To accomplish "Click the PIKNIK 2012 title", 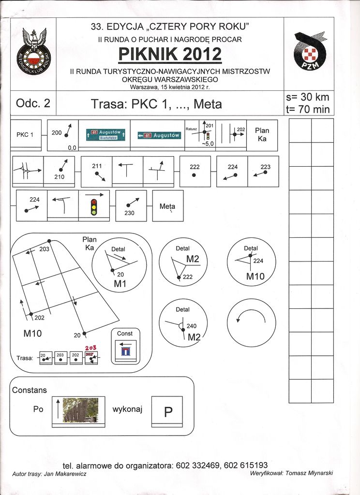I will (x=170, y=54).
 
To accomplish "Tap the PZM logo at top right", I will (x=309, y=52).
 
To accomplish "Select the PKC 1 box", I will (x=26, y=135).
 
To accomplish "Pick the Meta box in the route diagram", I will (x=167, y=206).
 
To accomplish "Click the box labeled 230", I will (x=131, y=205).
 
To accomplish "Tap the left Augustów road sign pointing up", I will (x=106, y=134).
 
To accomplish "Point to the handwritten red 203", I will (x=91, y=348).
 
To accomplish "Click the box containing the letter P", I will (x=168, y=411).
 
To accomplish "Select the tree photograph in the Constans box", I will (x=80, y=409).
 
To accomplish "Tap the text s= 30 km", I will (x=308, y=98).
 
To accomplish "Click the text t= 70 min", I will (x=308, y=109).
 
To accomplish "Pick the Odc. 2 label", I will (x=33, y=103).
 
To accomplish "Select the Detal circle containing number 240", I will (x=183, y=322).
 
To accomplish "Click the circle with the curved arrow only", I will (x=251, y=322).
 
